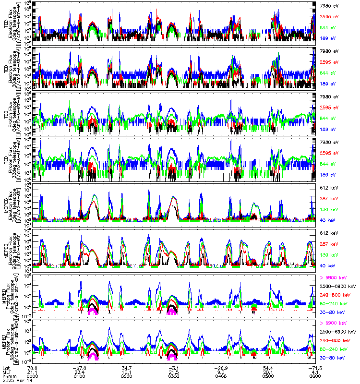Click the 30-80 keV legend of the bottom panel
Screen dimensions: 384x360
pyautogui.click(x=330, y=358)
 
